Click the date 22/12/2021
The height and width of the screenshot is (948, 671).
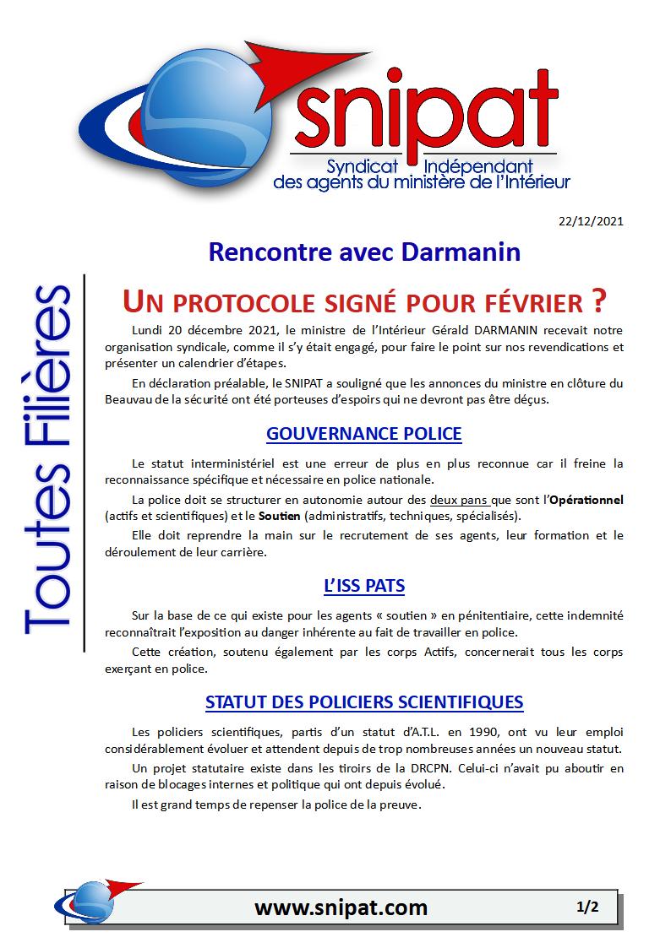point(591,222)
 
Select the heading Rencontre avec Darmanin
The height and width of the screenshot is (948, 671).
point(363,252)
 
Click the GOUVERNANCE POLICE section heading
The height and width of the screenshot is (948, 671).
point(363,434)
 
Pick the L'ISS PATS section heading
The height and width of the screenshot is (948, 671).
point(363,585)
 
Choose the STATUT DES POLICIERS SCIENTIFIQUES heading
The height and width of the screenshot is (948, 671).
point(363,702)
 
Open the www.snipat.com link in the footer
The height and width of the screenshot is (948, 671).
point(341,907)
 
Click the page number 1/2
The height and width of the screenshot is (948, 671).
point(587,907)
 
